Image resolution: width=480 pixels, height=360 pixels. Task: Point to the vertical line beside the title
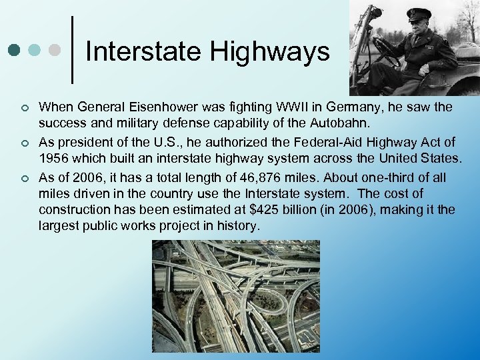click(x=72, y=50)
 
